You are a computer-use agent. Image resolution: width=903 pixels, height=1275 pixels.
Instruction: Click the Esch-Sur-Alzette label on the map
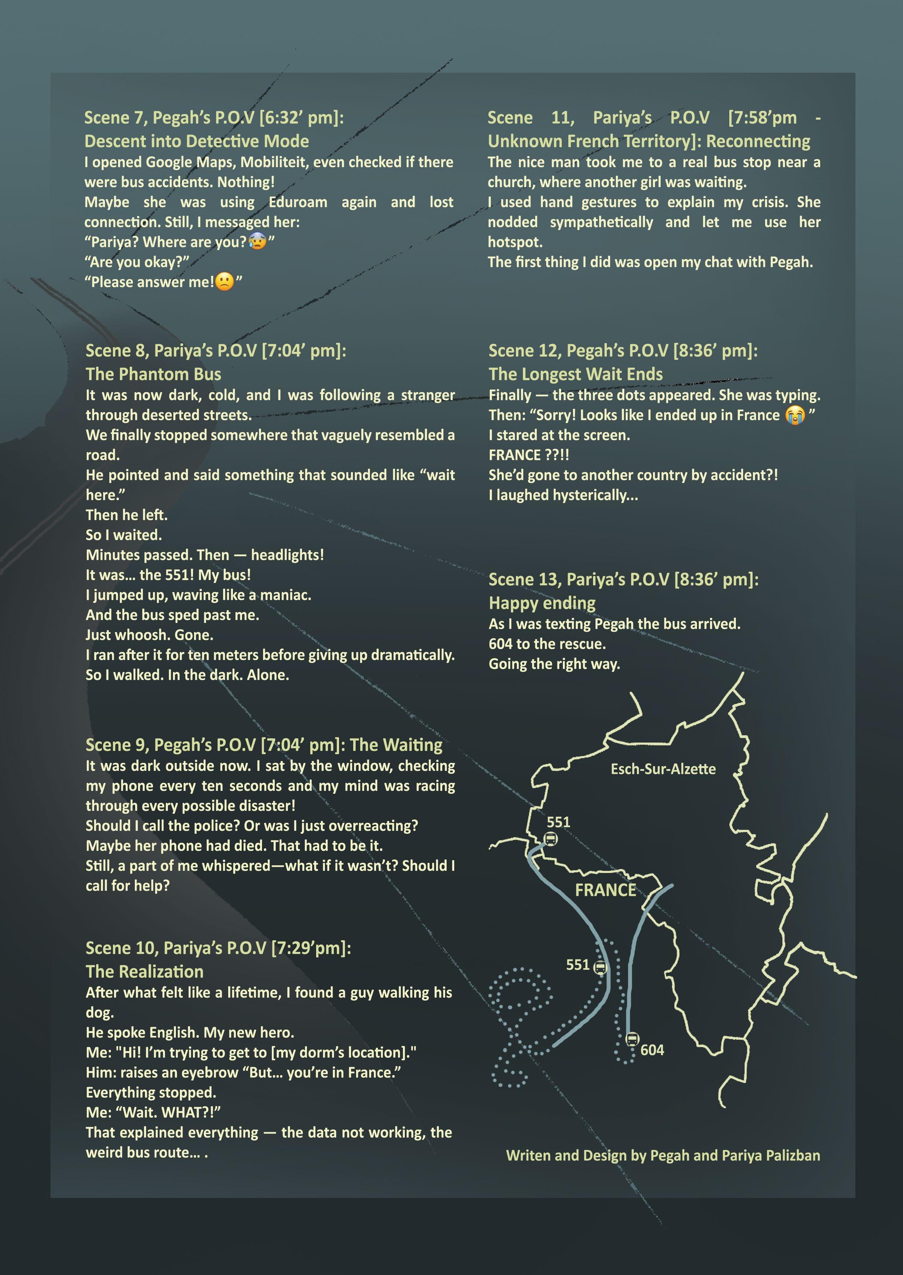pos(663,769)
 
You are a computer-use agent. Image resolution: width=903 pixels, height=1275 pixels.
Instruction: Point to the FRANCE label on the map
pos(605,890)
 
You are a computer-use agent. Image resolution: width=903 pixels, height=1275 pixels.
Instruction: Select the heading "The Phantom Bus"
pos(153,374)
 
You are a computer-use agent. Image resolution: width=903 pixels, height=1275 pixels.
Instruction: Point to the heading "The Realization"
pos(145,972)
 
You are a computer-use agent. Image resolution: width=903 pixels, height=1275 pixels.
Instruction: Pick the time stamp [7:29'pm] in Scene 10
pos(311,948)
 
